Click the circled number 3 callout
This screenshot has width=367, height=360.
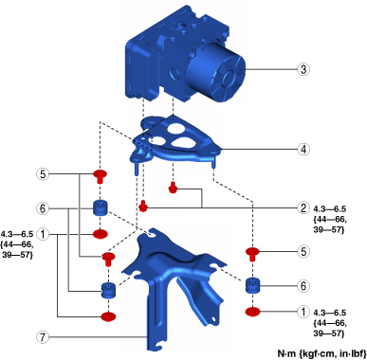[303, 69]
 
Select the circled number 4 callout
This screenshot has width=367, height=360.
[303, 149]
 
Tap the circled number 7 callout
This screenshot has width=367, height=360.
[43, 337]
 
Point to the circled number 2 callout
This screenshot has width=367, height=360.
[303, 207]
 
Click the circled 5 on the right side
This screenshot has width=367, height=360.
[303, 251]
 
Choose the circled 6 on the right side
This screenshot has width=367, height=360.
[303, 286]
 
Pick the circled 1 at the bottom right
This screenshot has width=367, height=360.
[303, 312]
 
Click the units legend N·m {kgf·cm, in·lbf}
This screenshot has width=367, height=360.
[321, 353]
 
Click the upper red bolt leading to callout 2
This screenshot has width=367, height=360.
[173, 188]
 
